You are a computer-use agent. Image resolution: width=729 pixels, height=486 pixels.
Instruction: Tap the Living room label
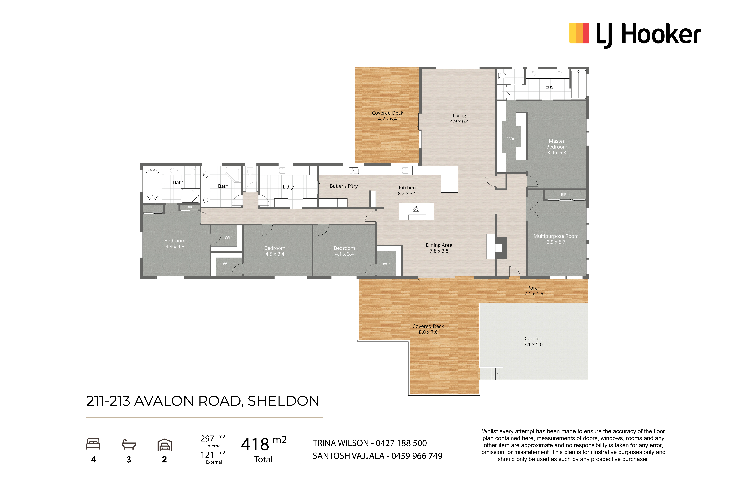[459, 118]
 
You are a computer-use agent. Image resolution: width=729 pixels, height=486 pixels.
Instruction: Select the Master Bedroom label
[557, 147]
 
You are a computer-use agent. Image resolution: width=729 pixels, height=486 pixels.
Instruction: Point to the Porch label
[534, 291]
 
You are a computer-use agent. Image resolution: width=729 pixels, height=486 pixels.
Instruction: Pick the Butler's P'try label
[344, 186]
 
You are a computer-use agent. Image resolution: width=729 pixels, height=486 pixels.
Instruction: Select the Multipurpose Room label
[556, 239]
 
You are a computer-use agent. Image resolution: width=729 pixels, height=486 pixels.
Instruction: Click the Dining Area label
[439, 248]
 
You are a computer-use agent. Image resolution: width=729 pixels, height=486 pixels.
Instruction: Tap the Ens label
[549, 87]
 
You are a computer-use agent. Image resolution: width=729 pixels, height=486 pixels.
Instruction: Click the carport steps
[491, 373]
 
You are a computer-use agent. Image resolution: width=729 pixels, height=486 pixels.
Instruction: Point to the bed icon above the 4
[93, 444]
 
